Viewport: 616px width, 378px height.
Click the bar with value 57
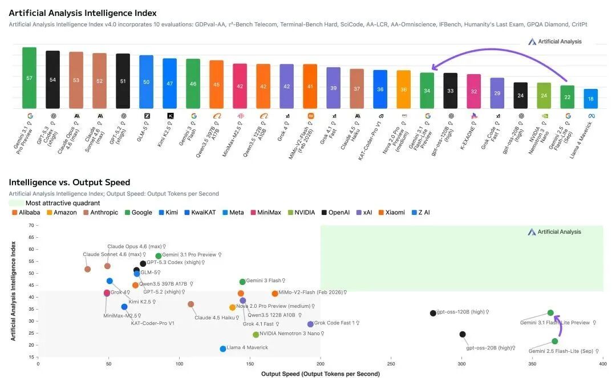click(x=29, y=78)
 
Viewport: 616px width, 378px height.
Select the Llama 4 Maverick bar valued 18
click(x=591, y=99)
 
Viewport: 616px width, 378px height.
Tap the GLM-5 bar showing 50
click(x=146, y=82)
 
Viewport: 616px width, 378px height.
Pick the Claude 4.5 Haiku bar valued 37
click(x=357, y=88)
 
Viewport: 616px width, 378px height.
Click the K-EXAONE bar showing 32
click(x=474, y=91)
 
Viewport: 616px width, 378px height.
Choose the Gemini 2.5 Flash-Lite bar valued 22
click(x=568, y=97)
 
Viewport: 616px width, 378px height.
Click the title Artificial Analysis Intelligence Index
click(x=83, y=13)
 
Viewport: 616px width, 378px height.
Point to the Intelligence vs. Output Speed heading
click(x=70, y=182)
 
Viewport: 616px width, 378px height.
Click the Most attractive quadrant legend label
click(x=63, y=203)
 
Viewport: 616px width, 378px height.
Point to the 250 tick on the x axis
click(x=391, y=363)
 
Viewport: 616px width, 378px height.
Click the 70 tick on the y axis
click(x=31, y=225)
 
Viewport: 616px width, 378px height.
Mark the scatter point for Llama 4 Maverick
click(x=223, y=348)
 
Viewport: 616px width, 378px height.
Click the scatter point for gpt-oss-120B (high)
click(x=433, y=313)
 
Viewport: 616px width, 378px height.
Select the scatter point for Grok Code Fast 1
click(x=310, y=324)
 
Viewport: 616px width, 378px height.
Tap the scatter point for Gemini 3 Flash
click(x=242, y=282)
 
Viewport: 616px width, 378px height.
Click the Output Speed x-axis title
click(x=320, y=374)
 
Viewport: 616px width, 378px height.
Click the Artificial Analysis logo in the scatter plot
click(x=554, y=232)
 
